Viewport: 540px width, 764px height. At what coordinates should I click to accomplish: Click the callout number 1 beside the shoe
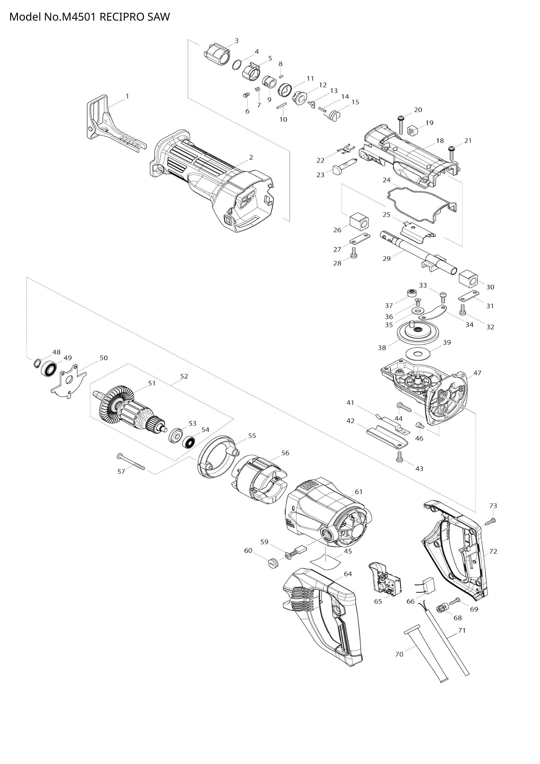pyautogui.click(x=127, y=96)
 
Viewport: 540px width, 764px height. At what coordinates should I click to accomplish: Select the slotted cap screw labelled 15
pyautogui.click(x=334, y=116)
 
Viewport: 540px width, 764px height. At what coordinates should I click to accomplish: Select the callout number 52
pyautogui.click(x=184, y=376)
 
